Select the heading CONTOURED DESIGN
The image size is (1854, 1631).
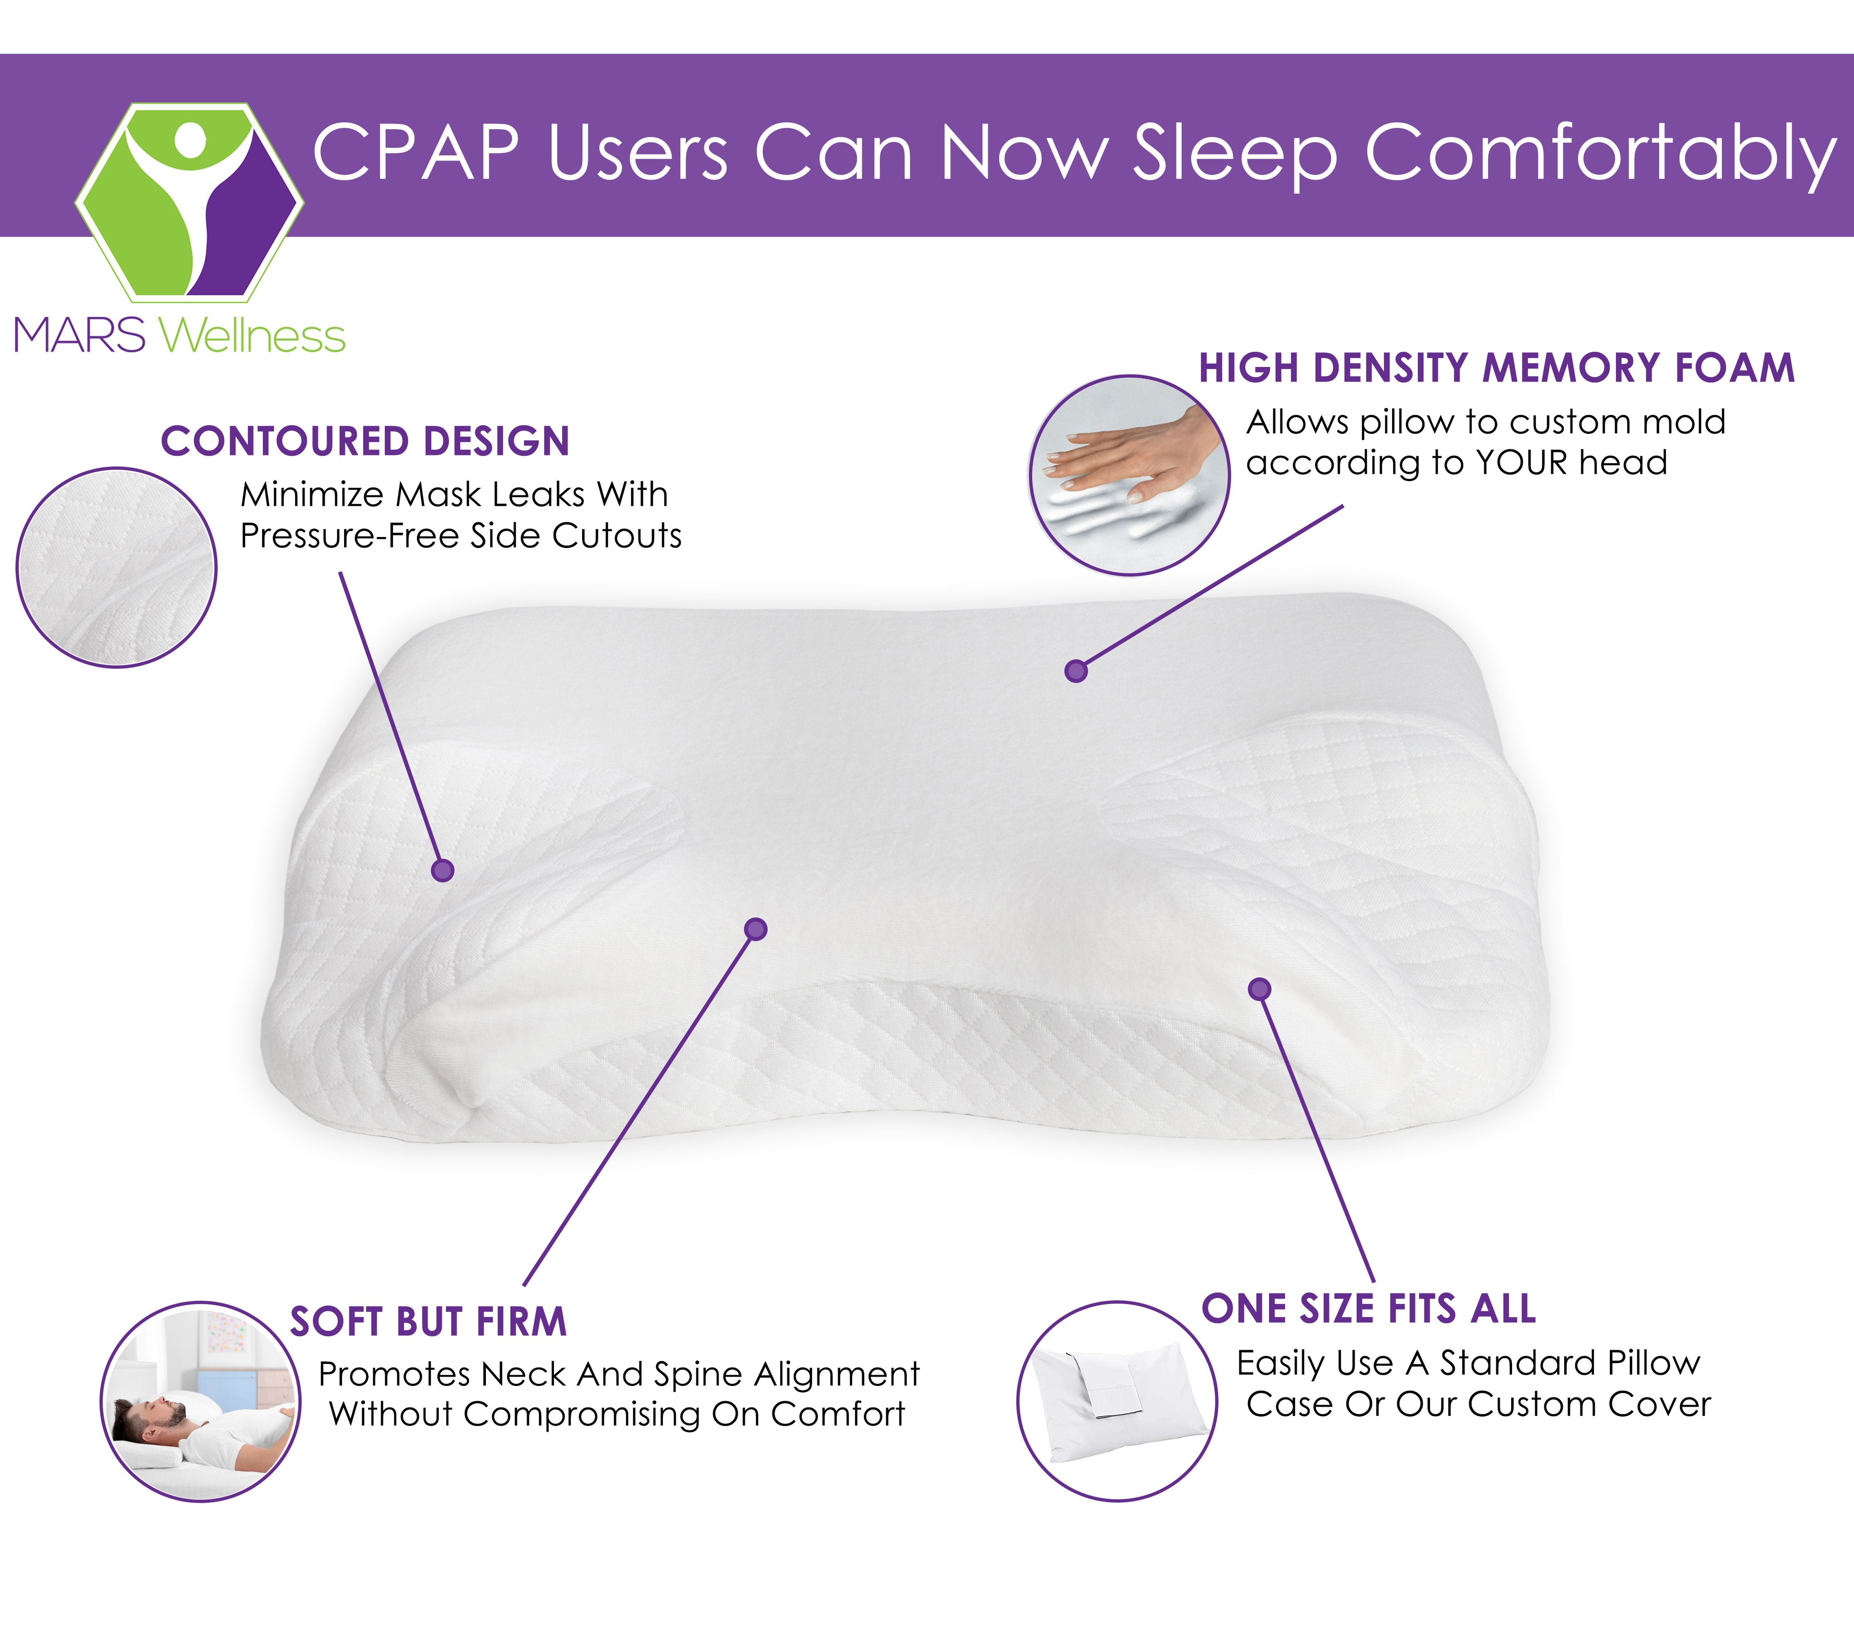[x=366, y=442]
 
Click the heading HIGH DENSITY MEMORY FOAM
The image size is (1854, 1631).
[x=1497, y=368]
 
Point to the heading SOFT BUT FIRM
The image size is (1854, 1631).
[x=428, y=1322]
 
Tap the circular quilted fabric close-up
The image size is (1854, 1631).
[x=116, y=568]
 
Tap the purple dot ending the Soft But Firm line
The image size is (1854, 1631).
[x=755, y=929]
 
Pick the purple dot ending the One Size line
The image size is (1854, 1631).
[x=1259, y=989]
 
